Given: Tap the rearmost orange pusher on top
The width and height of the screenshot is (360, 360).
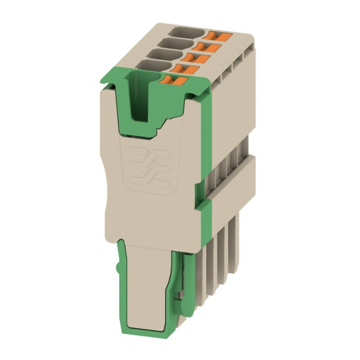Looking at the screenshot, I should [219, 35].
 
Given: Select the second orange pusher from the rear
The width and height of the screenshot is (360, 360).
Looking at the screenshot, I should [212, 47].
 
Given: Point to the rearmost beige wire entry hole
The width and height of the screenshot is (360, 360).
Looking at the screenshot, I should [186, 32].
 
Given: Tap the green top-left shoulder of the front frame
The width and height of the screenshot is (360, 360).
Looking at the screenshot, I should [113, 83].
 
